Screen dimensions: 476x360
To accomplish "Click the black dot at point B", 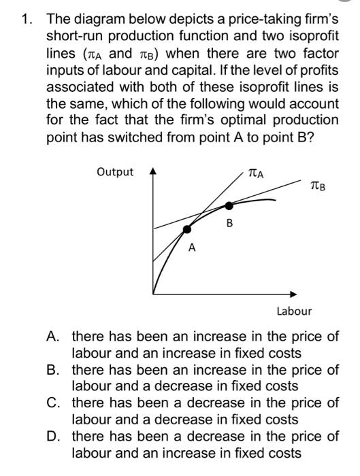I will [229, 205].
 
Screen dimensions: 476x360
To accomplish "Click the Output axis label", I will [115, 172].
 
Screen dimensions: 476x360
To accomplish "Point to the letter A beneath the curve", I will [193, 249].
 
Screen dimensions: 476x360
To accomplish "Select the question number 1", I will [27, 18].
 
